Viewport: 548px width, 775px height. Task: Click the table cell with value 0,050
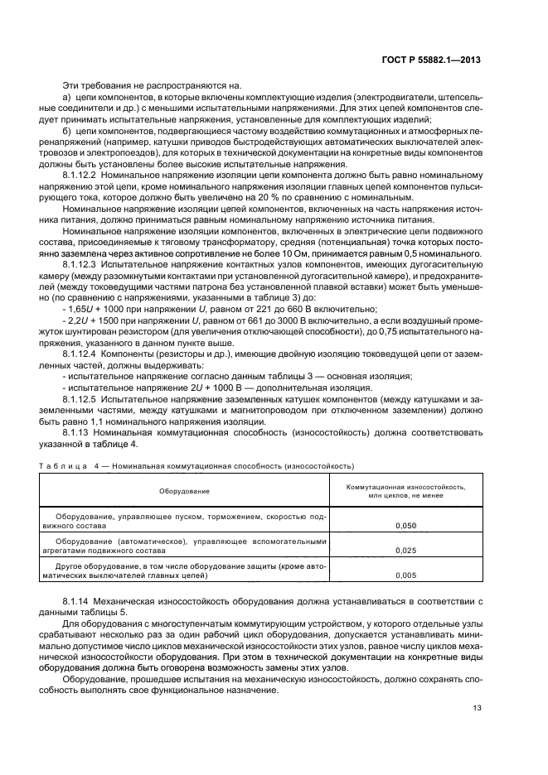[406, 526]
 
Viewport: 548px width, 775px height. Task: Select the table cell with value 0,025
[406, 550]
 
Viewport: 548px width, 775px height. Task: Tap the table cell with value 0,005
[406, 574]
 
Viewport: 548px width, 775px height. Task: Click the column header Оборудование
[185, 492]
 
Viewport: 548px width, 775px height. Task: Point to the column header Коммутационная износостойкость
[406, 487]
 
